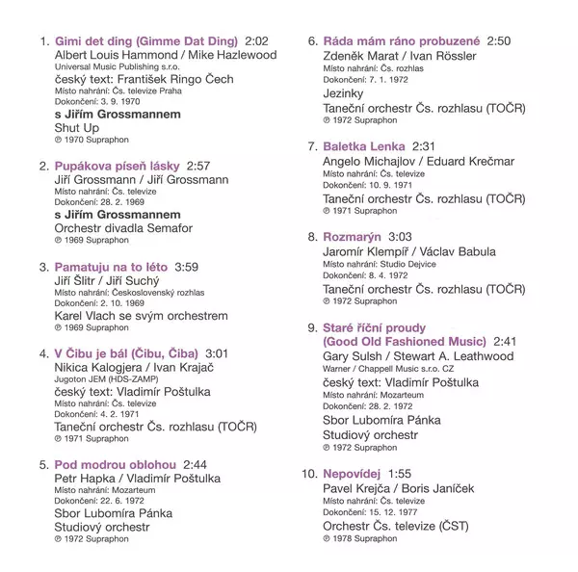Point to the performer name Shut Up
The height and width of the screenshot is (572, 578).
click(x=76, y=128)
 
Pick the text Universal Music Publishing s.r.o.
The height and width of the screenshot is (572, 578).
click(x=111, y=69)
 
